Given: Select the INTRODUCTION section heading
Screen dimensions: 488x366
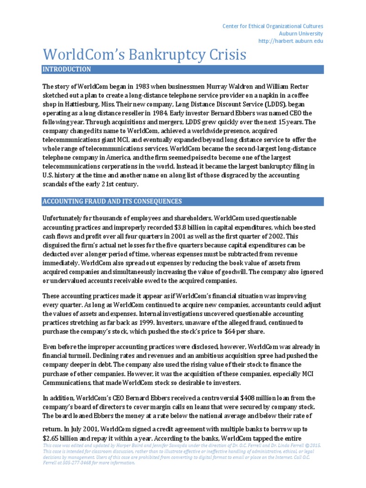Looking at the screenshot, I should [x=67, y=70].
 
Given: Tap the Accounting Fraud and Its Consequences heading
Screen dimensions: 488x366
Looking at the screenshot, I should [x=112, y=202].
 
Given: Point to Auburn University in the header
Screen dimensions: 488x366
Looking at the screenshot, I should [x=301, y=34].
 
